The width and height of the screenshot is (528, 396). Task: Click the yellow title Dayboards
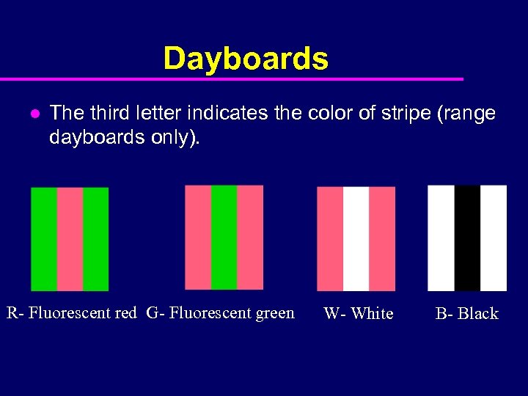click(246, 59)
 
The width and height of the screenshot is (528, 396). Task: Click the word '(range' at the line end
click(468, 113)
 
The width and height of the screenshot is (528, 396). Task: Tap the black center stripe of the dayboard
click(467, 238)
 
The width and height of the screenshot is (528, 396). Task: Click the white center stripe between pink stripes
click(356, 238)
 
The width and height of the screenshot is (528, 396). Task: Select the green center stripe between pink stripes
click(224, 237)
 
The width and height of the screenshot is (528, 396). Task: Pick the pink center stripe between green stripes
click(70, 239)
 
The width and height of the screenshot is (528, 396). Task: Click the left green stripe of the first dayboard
click(44, 239)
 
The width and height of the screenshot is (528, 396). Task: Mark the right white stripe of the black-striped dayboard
click(494, 238)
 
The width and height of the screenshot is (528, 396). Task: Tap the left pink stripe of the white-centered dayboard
click(330, 238)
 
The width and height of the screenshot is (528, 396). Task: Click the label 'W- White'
click(359, 314)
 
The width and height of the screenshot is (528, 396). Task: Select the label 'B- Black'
click(466, 314)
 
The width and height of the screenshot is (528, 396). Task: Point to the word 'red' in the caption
click(126, 313)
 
